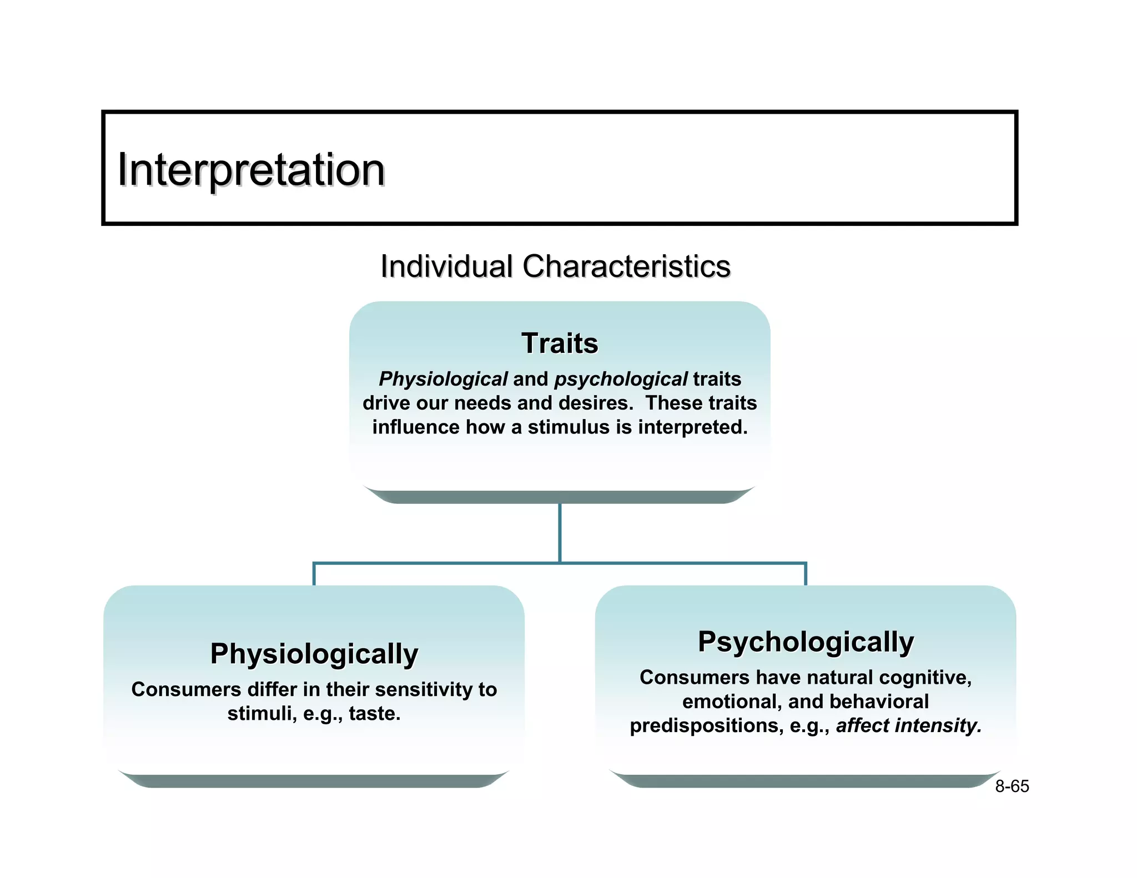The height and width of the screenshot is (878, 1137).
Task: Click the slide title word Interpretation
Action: pos(251,170)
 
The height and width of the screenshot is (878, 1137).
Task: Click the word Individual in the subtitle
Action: pos(446,266)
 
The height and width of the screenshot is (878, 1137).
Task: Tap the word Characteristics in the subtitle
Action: pos(626,266)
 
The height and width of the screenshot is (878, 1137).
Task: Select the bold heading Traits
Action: pos(560,343)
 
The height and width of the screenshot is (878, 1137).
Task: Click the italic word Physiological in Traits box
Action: pos(443,379)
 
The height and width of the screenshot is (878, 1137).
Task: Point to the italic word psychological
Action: pos(621,379)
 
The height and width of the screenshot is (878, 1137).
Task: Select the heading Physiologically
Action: pos(314,654)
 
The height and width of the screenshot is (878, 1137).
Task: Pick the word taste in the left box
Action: pos(374,714)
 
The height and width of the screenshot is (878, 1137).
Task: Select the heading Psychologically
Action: pos(806,642)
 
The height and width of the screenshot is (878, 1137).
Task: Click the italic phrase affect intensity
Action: pos(908,726)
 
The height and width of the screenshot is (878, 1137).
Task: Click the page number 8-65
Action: pos(1012,786)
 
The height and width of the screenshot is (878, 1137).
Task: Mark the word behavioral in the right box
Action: pos(879,702)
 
